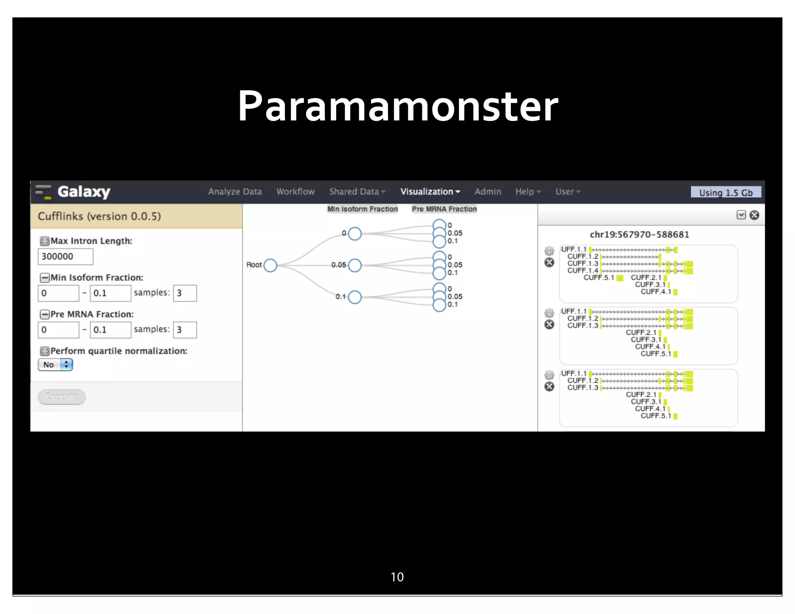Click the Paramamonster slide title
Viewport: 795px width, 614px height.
coord(397,106)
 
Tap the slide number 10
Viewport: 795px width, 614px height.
coord(397,577)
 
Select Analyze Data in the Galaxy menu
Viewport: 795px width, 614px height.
coord(234,192)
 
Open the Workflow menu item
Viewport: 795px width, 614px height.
coord(295,192)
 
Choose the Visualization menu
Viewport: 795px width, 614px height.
coord(430,192)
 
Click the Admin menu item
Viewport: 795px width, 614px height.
coord(488,192)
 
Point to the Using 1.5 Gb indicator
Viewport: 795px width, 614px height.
coord(726,193)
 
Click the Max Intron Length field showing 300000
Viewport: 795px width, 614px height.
coord(65,257)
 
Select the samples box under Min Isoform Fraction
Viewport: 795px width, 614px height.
coord(184,293)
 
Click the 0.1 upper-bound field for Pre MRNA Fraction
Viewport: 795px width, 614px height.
coord(110,330)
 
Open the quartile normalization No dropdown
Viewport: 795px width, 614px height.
coord(56,365)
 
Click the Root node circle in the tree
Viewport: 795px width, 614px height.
coord(270,265)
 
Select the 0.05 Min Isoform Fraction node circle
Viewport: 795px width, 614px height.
coord(355,265)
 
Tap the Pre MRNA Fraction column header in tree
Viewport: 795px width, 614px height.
coord(444,209)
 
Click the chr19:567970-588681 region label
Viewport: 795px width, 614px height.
coord(639,234)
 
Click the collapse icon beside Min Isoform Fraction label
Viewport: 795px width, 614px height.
coord(45,278)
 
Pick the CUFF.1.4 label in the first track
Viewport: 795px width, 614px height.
coord(582,271)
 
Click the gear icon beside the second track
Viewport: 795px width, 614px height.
coord(549,313)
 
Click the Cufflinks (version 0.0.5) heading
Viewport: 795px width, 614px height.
coord(99,216)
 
